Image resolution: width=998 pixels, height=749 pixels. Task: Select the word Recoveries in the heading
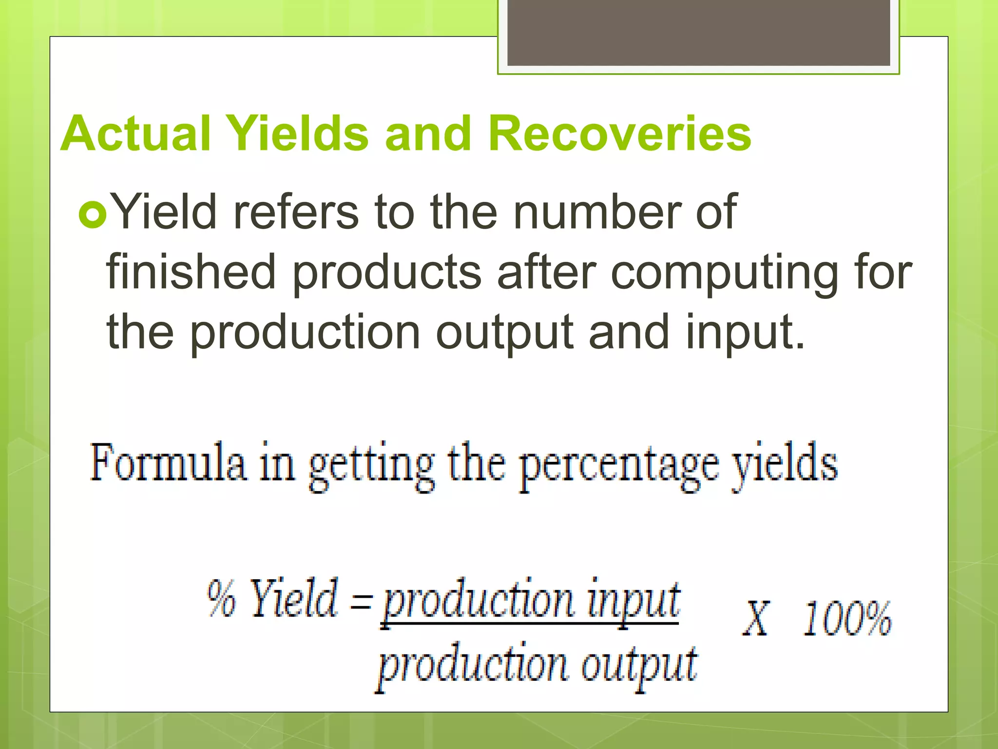pos(619,134)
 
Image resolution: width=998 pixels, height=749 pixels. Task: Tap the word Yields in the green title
pos(298,134)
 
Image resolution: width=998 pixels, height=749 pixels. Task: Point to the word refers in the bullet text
pos(295,212)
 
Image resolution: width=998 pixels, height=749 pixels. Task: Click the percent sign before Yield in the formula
pos(222,599)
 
